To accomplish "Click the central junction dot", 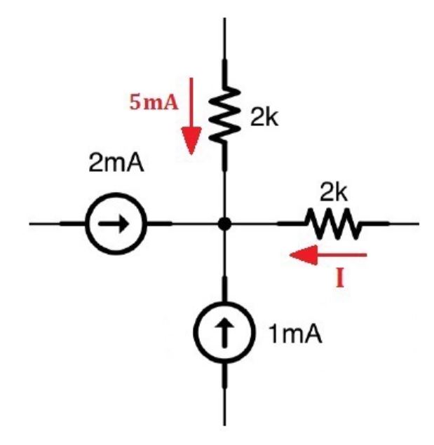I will [x=224, y=224].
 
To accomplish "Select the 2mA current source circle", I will [x=115, y=224].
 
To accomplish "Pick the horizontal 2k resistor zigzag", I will [x=332, y=224].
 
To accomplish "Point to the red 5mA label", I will [x=152, y=102].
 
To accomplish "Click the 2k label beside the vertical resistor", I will [x=264, y=118].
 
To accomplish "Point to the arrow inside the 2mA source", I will [x=115, y=224].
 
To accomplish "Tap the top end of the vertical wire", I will [x=224, y=20].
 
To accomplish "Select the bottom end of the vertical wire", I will [x=224, y=423].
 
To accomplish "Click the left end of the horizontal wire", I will [x=32, y=224].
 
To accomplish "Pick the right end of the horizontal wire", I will [x=417, y=224].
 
